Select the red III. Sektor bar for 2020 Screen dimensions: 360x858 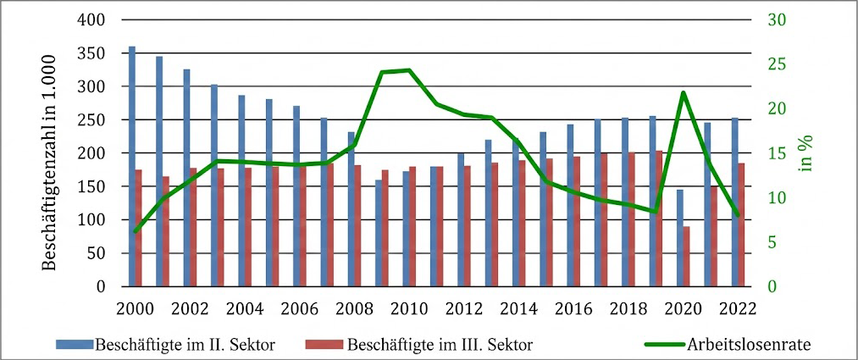point(687,257)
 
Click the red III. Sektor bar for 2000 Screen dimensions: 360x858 point(139,228)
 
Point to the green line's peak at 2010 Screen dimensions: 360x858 point(409,70)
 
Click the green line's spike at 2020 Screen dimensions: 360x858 point(683,92)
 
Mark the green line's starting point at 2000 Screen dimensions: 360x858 point(136,231)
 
